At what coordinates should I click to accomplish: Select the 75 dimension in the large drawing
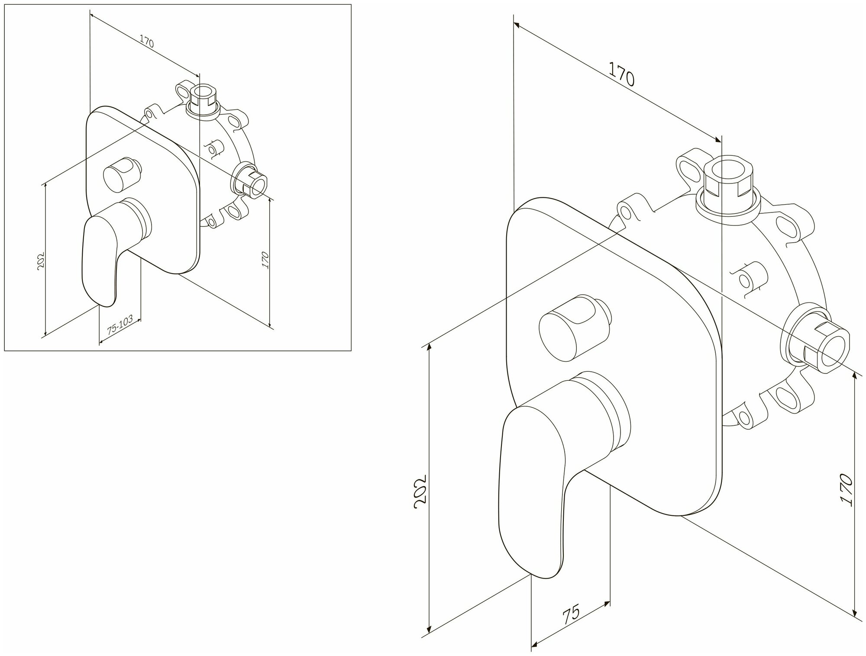point(571,616)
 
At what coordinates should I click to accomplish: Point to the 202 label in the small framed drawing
point(42,260)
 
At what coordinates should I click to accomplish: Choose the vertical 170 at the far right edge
point(846,490)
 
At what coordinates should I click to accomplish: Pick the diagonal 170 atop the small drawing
point(147,42)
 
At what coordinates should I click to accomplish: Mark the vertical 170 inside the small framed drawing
point(265,260)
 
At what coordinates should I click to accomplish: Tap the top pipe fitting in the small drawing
point(203,101)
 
